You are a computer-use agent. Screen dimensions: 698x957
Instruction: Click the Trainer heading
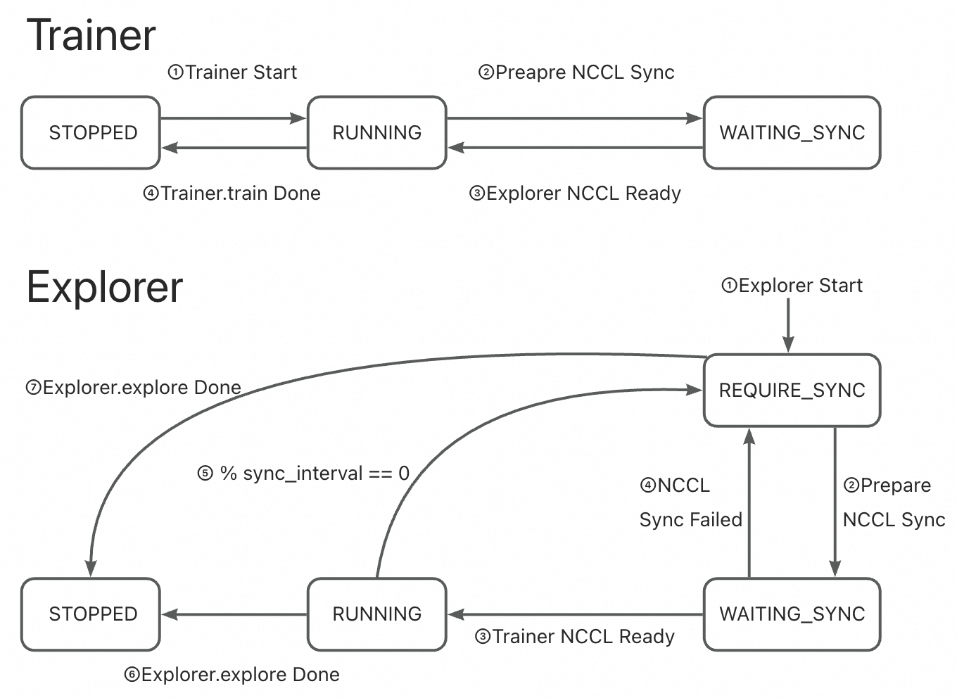(91, 35)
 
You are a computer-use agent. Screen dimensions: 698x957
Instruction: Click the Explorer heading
(104, 287)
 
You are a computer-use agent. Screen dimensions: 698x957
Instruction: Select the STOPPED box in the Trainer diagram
(91, 132)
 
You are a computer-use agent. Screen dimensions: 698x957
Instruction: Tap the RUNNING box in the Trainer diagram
(376, 132)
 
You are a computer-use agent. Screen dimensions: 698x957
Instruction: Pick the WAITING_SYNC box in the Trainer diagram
(792, 132)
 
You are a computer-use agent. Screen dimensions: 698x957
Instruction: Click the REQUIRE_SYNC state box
(792, 390)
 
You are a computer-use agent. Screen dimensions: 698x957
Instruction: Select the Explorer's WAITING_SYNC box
(792, 614)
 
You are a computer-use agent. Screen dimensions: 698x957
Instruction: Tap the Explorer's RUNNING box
(376, 614)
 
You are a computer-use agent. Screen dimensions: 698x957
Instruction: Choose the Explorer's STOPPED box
(91, 614)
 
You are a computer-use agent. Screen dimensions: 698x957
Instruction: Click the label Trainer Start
(233, 72)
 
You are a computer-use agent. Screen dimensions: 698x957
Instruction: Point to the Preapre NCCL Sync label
(576, 72)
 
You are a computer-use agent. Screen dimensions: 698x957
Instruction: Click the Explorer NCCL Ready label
(575, 193)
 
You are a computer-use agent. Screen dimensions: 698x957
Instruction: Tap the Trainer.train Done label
(232, 193)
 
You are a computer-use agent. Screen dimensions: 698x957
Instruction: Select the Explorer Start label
(792, 286)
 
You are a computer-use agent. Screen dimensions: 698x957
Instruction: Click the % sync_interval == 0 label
(303, 474)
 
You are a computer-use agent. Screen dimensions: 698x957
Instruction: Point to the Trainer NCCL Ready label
(575, 637)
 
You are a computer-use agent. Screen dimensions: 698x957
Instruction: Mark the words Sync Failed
(690, 520)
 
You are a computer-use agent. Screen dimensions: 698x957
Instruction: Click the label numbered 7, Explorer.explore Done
(133, 388)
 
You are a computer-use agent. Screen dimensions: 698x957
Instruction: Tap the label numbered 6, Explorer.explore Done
(232, 675)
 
